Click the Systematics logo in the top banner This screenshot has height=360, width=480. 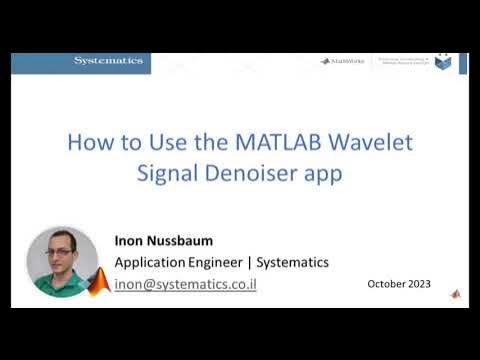(x=108, y=61)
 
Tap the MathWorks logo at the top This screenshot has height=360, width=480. (x=341, y=61)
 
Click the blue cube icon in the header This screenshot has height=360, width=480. (x=443, y=62)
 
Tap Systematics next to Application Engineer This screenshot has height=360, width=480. (x=293, y=263)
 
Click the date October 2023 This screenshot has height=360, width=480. (x=399, y=284)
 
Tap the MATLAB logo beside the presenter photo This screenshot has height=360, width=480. (x=98, y=283)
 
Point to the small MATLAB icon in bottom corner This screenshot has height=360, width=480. (x=456, y=294)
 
